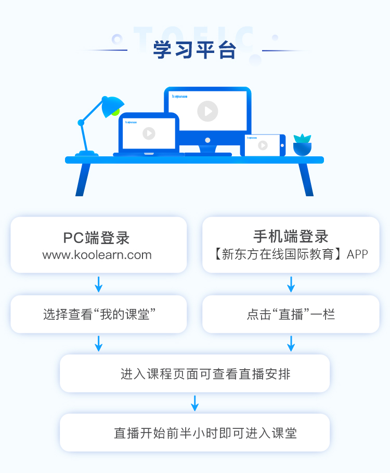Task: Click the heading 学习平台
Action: (194, 50)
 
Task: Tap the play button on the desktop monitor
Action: (207, 111)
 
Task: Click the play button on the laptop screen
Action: (149, 133)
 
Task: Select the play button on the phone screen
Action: (263, 145)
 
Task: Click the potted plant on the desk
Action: (302, 145)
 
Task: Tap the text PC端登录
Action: (97, 238)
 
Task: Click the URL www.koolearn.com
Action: (97, 255)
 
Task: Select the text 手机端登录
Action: (291, 236)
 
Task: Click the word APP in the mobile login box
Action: (357, 254)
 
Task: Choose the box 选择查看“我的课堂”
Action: (99, 314)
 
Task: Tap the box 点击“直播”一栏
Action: (291, 314)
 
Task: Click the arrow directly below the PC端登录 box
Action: (99, 284)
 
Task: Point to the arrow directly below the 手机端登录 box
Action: (291, 284)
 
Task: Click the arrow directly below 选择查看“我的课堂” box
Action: (99, 343)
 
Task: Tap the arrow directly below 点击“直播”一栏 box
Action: (291, 343)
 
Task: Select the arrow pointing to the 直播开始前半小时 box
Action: (195, 403)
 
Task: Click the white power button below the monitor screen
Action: (207, 140)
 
